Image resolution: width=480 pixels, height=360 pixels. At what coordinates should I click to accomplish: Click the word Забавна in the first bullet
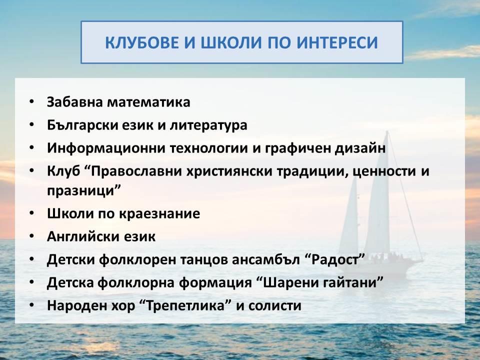pos(74,102)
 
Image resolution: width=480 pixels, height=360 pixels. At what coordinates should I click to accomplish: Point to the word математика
pos(148,102)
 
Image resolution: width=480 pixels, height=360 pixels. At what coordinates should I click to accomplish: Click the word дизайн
pos(360,148)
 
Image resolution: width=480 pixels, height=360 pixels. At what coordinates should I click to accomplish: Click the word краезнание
pos(159,213)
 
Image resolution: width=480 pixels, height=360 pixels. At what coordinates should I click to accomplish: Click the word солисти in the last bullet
pos(275,305)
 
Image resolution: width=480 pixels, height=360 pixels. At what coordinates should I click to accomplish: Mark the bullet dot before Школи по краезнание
pos(32,213)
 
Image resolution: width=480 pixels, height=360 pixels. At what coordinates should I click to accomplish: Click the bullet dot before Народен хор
pos(32,304)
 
